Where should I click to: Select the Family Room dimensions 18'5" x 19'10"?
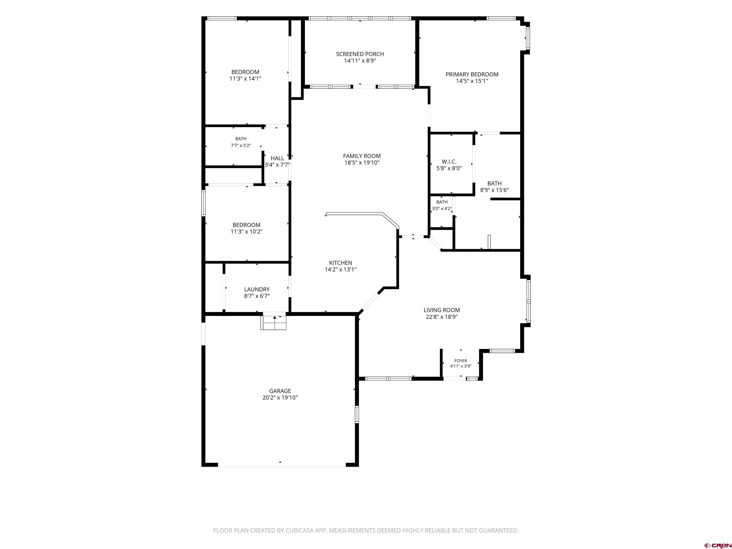[362, 163]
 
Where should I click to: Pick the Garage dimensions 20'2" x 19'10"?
[280, 398]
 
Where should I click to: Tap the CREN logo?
[717, 545]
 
